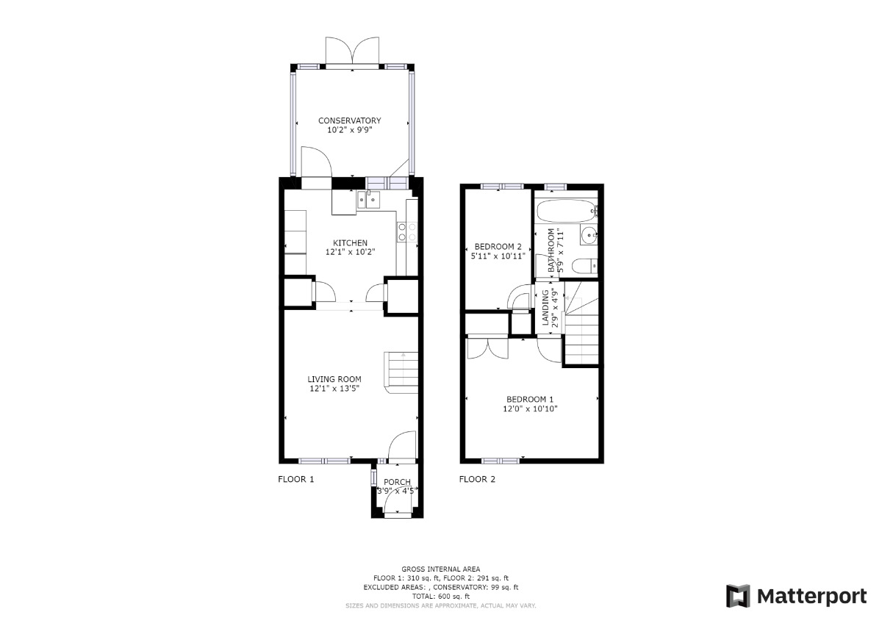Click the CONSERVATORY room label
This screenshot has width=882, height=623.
click(349, 120)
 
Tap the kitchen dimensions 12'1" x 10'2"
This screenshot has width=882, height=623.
click(350, 252)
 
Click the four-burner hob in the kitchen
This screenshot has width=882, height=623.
click(407, 232)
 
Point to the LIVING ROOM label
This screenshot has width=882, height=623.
click(334, 379)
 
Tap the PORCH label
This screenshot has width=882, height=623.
click(397, 482)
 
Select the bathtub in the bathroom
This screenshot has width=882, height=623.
click(567, 213)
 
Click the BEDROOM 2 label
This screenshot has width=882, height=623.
click(498, 246)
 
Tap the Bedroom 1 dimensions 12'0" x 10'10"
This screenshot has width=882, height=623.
click(530, 408)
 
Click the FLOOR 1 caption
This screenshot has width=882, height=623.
click(295, 479)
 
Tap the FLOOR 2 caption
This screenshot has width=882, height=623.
click(477, 479)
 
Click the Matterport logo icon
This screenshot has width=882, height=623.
click(738, 596)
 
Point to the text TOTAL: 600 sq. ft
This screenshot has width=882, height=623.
click(441, 597)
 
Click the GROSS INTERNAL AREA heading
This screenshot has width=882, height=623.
click(441, 569)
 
